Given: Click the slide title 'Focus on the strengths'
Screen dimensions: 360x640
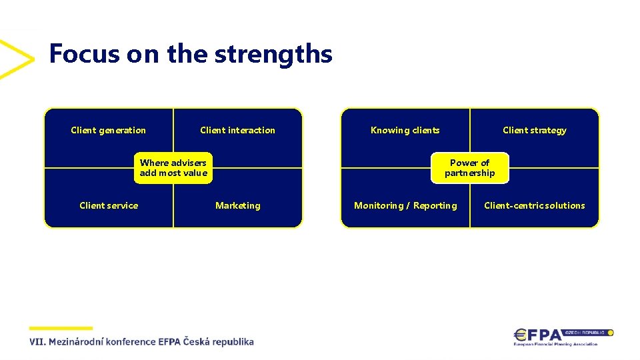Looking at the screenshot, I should pyautogui.click(x=191, y=53).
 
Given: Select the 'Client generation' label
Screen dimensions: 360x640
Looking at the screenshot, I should pyautogui.click(x=108, y=130).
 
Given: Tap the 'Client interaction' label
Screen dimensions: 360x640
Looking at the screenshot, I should pyautogui.click(x=237, y=130).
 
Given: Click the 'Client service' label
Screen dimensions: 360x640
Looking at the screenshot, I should pyautogui.click(x=109, y=205).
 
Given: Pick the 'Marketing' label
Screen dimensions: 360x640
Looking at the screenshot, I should pyautogui.click(x=237, y=205).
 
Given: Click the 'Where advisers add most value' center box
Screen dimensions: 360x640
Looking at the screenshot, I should pyautogui.click(x=173, y=168).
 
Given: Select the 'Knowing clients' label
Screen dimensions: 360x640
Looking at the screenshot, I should pyautogui.click(x=405, y=130).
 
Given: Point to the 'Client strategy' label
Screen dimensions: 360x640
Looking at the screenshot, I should pyautogui.click(x=534, y=130).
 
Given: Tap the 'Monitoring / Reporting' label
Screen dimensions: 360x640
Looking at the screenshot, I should pyautogui.click(x=405, y=205).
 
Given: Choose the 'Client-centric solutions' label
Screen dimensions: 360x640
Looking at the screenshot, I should pyautogui.click(x=534, y=205).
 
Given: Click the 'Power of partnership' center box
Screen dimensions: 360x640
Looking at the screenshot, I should pyautogui.click(x=469, y=168).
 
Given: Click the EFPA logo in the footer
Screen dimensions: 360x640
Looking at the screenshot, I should pyautogui.click(x=540, y=335).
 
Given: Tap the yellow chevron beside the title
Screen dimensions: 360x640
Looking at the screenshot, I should pyautogui.click(x=16, y=59).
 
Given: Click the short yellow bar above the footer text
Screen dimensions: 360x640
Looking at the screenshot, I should pyautogui.click(x=61, y=328).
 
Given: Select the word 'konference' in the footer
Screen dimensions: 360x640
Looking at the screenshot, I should pyautogui.click(x=130, y=342).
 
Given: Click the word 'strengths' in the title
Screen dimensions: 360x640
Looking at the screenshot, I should pyautogui.click(x=273, y=53).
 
